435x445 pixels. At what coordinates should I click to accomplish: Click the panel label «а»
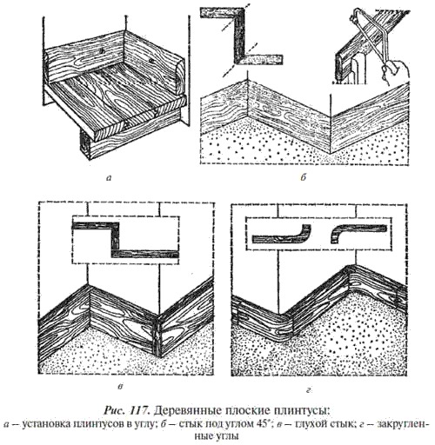[109, 178]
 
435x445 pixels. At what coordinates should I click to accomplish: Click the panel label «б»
[304, 177]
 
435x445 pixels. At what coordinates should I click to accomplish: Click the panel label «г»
[308, 390]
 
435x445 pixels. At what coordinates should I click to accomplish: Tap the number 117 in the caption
[140, 410]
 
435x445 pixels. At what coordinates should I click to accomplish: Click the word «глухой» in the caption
[311, 424]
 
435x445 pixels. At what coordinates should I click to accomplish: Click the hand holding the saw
[398, 69]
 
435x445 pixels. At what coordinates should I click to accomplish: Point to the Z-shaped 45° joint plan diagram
[241, 36]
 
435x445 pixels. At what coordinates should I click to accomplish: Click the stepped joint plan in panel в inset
[124, 239]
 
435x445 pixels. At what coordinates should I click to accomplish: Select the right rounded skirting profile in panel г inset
[358, 234]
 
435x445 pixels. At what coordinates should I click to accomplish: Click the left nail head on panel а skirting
[101, 50]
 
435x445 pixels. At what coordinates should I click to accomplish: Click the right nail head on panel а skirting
[151, 60]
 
